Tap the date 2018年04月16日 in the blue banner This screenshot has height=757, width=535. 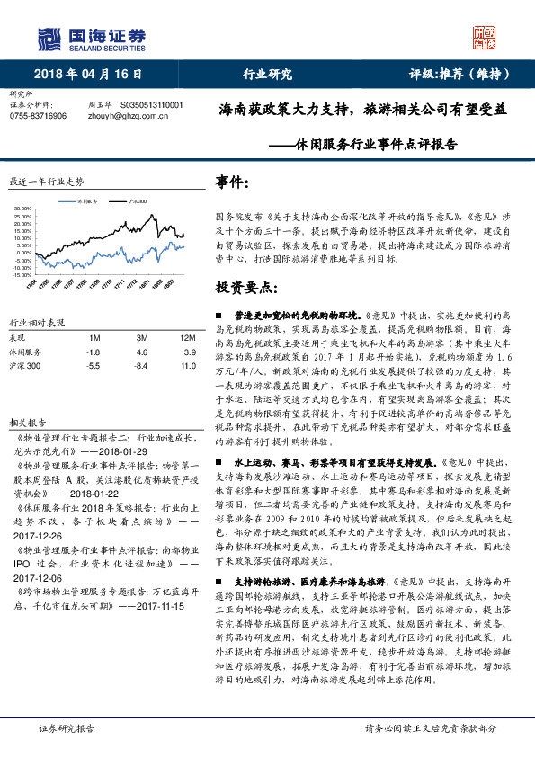(x=88, y=75)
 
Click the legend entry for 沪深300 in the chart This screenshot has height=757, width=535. (x=138, y=201)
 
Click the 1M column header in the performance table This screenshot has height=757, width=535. (x=94, y=337)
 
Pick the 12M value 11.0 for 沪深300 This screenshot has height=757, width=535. (x=187, y=366)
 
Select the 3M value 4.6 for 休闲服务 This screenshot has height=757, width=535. (x=142, y=352)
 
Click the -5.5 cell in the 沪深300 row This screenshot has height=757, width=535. (x=94, y=366)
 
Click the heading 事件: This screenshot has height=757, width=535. (x=233, y=183)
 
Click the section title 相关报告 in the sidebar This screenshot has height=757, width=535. (x=23, y=421)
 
